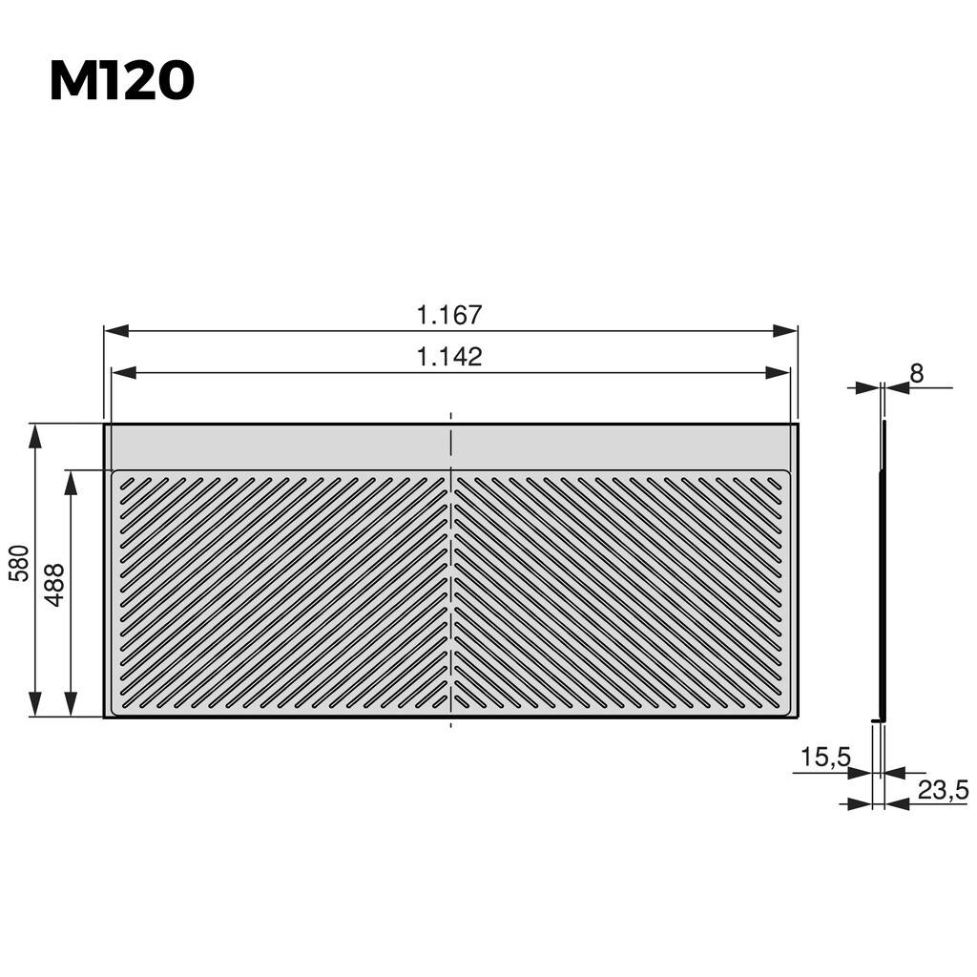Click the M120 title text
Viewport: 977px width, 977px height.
121,82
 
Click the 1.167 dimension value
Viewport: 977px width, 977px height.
449,314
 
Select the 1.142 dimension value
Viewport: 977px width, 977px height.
449,357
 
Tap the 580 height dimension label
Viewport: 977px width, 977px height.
18,564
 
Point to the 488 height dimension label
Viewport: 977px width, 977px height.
54,585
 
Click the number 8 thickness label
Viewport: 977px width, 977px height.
916,374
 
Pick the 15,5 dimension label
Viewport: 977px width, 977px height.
824,759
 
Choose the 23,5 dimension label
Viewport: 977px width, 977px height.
943,790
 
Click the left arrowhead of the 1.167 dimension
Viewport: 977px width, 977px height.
115,331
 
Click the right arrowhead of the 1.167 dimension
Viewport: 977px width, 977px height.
786,331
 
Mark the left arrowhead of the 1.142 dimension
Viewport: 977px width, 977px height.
123,373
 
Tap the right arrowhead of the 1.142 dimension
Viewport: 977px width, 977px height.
779,373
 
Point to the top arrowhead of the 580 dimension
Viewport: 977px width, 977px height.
35,435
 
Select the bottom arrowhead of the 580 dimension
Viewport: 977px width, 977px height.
35,705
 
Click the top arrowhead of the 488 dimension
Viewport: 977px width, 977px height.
71,481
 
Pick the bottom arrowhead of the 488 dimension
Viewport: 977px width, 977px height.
71,705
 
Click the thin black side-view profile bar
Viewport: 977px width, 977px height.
883,572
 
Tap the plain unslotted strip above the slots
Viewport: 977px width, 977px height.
286,447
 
